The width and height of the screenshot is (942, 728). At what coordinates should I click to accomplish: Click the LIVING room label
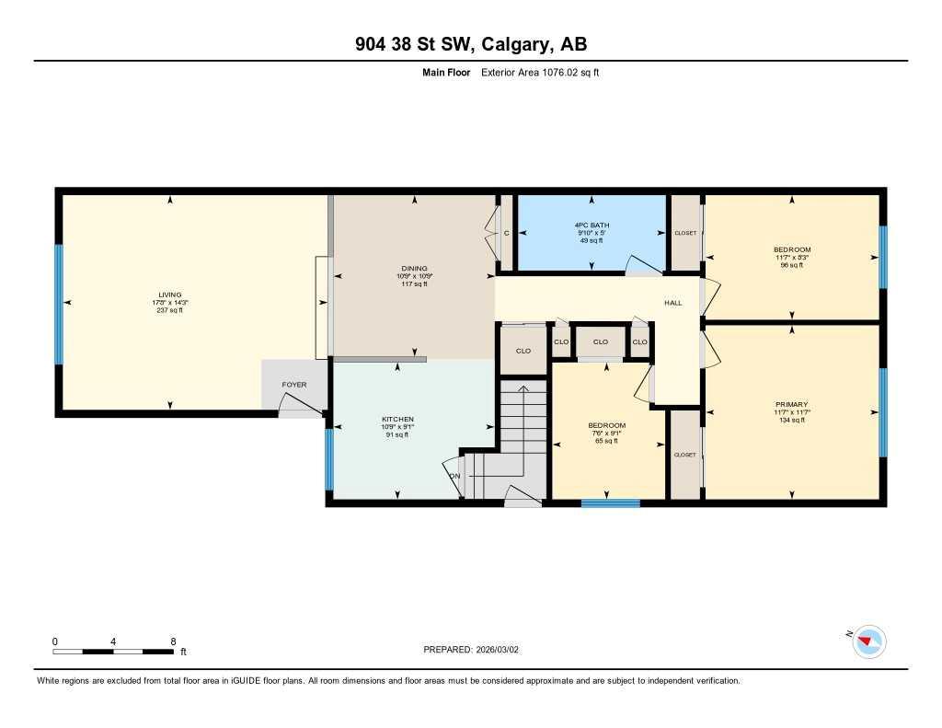[168, 295]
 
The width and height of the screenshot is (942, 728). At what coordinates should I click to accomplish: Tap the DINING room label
[413, 269]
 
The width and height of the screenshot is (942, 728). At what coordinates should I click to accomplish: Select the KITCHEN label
[398, 419]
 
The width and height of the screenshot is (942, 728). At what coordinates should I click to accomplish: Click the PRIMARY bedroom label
[791, 404]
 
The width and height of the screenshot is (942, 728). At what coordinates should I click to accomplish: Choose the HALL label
[673, 302]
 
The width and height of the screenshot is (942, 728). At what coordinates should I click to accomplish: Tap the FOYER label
[294, 385]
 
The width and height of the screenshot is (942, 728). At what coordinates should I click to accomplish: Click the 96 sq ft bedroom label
[791, 250]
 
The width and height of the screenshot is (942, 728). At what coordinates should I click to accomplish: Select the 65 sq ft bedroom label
[607, 425]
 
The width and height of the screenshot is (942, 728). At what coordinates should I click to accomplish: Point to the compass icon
[868, 641]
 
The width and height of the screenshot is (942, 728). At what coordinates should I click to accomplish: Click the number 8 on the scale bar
[173, 641]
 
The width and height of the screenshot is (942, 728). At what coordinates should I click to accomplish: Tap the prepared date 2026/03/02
[503, 649]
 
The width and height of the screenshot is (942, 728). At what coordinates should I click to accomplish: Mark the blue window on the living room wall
[59, 304]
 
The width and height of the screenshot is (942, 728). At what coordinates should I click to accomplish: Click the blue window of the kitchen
[328, 458]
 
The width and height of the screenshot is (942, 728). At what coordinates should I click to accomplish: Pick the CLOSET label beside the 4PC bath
[684, 234]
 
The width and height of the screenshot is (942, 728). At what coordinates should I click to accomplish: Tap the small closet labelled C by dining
[506, 234]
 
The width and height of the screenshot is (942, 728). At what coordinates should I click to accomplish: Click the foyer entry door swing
[299, 405]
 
